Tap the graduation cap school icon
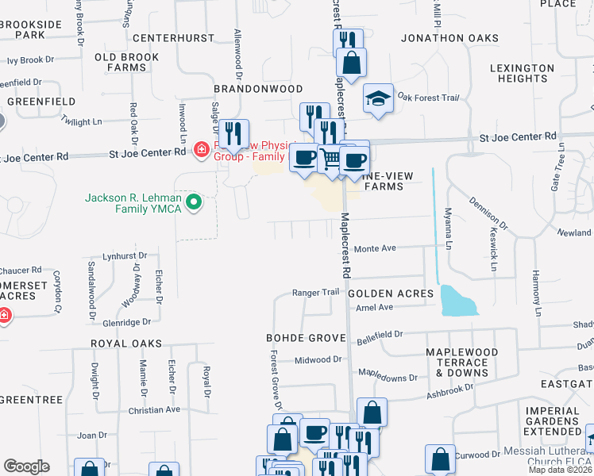(378, 99)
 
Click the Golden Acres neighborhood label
(391, 294)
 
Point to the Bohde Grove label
(306, 338)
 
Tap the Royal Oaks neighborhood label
(125, 344)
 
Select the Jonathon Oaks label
(450, 38)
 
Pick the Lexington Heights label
(522, 74)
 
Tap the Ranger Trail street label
(315, 293)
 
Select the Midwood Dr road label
(318, 359)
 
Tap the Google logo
(26, 466)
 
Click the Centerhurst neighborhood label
(174, 38)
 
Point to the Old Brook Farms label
(126, 63)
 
